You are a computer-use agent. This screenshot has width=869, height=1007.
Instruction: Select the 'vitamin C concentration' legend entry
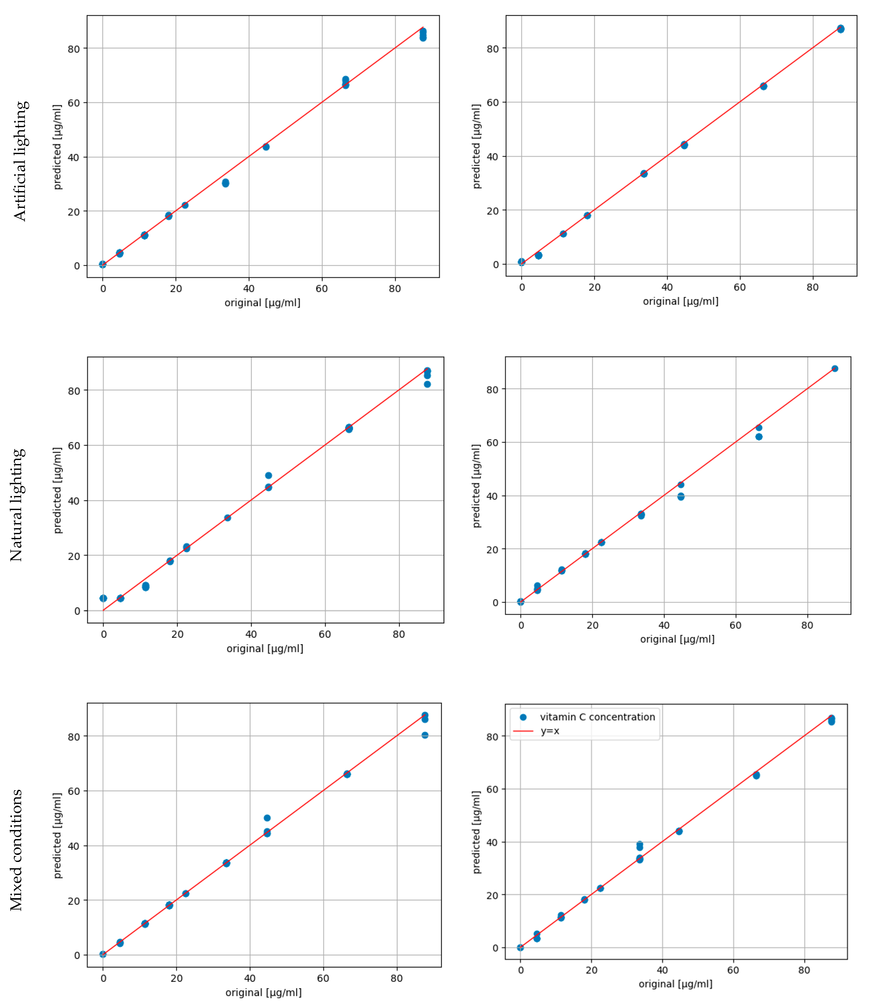(597, 717)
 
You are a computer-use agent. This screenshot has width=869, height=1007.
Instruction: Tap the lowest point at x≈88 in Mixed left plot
(425, 735)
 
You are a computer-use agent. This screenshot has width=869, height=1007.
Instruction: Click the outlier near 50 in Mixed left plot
(267, 818)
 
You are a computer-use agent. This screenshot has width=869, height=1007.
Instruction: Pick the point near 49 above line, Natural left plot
(268, 475)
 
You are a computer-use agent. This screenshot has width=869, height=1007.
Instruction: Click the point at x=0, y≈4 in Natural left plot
(103, 598)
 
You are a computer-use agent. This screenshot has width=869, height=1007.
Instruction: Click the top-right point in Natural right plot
(835, 369)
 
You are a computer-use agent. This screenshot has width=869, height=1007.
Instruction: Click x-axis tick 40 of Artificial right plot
(667, 287)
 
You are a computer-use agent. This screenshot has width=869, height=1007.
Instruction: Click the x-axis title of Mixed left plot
(264, 992)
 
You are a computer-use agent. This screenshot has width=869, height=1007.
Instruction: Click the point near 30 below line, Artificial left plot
(226, 183)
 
